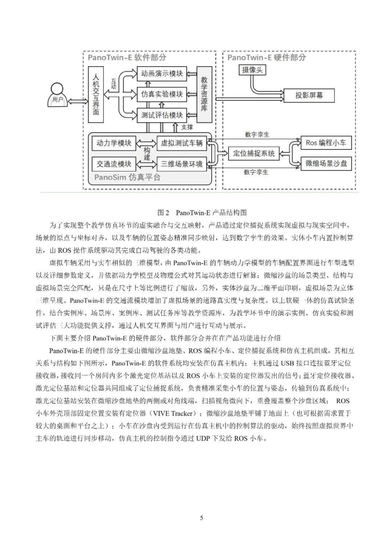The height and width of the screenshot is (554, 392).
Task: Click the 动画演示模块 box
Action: pyautogui.click(x=162, y=73)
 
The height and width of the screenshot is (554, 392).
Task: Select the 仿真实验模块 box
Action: pyautogui.click(x=162, y=94)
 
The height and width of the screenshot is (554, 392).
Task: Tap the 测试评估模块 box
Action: pyautogui.click(x=162, y=115)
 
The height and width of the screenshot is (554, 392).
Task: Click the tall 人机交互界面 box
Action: pyautogui.click(x=96, y=94)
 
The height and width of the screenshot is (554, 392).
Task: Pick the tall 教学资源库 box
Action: pyautogui.click(x=204, y=94)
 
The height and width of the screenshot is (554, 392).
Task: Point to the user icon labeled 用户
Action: pyautogui.click(x=57, y=95)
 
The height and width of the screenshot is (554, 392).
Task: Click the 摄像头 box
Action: pyautogui.click(x=252, y=70)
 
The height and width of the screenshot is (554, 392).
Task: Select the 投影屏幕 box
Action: pyautogui.click(x=309, y=95)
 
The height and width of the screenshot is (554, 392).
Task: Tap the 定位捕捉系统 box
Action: pyautogui.click(x=254, y=153)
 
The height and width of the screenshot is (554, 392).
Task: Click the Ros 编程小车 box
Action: pyautogui.click(x=326, y=143)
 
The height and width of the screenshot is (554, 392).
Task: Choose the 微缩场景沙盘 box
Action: pyautogui.click(x=326, y=164)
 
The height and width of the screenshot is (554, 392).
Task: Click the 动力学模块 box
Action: pyautogui.click(x=114, y=143)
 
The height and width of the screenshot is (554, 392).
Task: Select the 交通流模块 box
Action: pyautogui.click(x=114, y=164)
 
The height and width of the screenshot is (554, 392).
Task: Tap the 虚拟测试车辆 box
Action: pyautogui.click(x=181, y=143)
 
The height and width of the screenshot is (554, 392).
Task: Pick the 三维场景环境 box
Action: pyautogui.click(x=181, y=164)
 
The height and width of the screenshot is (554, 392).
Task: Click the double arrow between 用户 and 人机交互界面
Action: pyautogui.click(x=78, y=101)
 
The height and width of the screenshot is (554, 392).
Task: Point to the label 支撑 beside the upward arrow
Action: pyautogui.click(x=187, y=127)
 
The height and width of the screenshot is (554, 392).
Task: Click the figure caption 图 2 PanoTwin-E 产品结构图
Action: pyautogui.click(x=202, y=213)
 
